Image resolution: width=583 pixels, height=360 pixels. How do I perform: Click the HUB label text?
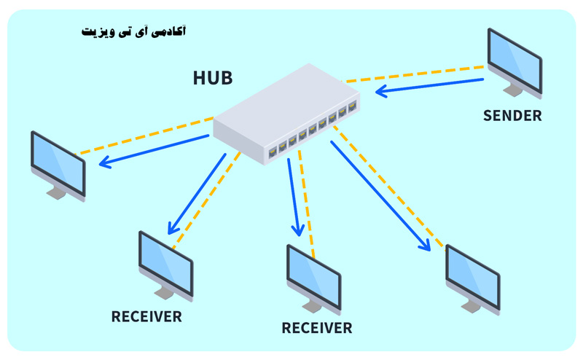213,78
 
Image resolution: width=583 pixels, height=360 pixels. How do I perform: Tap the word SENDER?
512,115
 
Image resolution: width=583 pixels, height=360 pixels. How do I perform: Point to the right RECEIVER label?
317,328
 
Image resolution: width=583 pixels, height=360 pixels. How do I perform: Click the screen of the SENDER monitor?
514,60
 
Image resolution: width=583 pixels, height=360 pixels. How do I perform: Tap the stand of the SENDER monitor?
513,89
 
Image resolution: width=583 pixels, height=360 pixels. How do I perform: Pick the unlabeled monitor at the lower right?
472,278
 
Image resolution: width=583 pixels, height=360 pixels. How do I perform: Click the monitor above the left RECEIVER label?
165,264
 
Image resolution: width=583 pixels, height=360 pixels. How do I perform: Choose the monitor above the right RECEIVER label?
313,277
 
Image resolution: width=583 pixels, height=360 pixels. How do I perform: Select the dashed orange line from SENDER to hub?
415,73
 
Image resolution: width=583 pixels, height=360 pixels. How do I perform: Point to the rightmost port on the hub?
353,106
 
